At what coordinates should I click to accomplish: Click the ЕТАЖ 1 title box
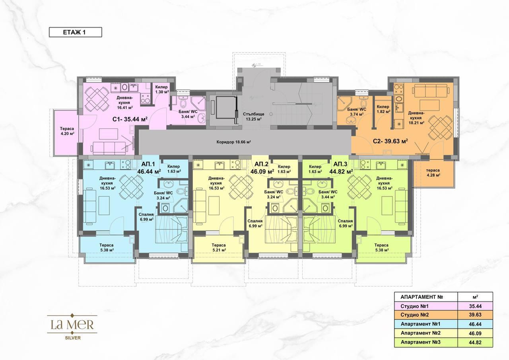(76, 32)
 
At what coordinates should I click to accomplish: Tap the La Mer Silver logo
(72, 327)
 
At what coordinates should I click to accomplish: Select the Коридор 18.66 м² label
(233, 142)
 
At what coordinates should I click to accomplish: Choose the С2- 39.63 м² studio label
(390, 141)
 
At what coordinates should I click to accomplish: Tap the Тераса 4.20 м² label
(67, 131)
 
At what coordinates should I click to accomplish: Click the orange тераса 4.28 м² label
(433, 173)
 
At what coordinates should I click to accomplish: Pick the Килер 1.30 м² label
(162, 90)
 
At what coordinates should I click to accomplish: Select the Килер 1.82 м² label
(383, 109)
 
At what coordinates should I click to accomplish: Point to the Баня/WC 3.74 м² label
(357, 112)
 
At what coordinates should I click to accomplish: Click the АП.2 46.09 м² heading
(262, 168)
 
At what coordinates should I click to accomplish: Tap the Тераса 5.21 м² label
(219, 247)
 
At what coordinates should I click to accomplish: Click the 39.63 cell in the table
(475, 315)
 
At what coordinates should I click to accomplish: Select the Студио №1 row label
(414, 306)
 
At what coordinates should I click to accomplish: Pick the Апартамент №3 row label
(421, 342)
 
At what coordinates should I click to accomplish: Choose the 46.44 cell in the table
(475, 324)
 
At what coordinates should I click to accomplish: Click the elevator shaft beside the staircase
(223, 110)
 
